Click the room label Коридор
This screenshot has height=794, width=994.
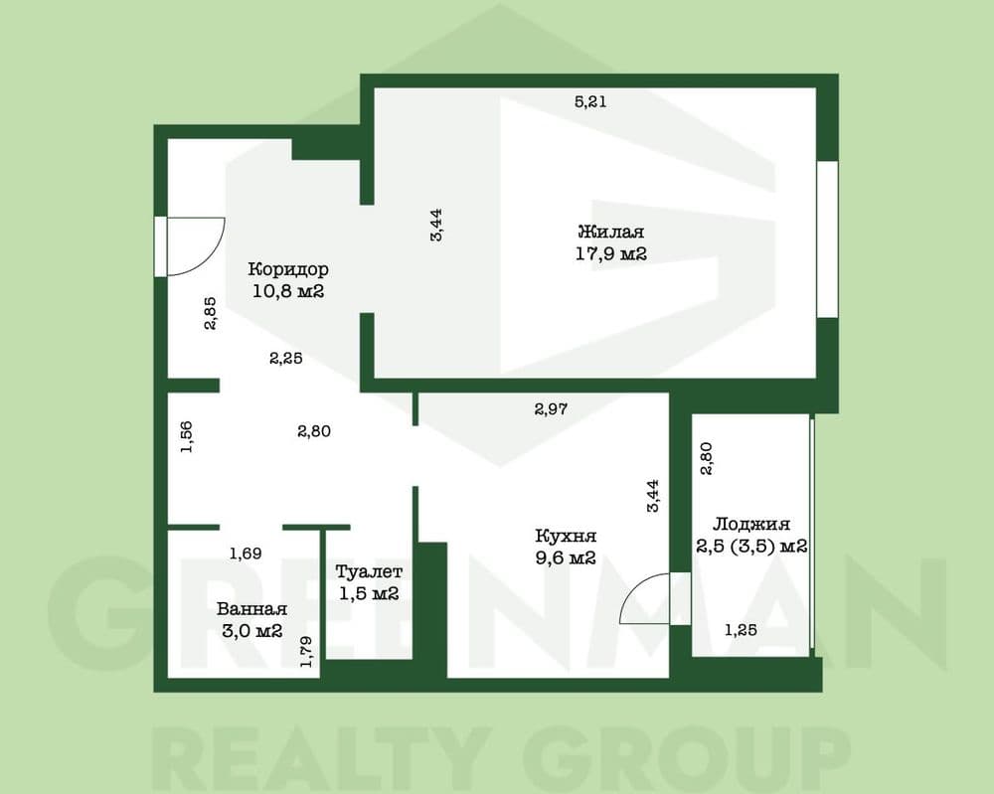[x=288, y=269]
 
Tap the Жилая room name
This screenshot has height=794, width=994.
[x=610, y=232]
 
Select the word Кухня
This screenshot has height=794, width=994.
[x=566, y=536]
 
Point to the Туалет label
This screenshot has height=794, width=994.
[x=369, y=571]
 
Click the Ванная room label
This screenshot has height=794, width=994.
[x=251, y=609]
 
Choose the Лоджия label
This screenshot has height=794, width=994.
[x=751, y=524]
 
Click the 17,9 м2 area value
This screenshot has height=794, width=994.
[x=611, y=254]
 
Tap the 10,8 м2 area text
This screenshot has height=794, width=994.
[x=288, y=291]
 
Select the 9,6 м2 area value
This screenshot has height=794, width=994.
[x=566, y=558]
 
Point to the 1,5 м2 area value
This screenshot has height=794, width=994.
[x=369, y=593]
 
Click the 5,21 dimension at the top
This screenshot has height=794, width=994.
[x=590, y=101]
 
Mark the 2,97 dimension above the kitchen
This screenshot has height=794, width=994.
[x=551, y=409]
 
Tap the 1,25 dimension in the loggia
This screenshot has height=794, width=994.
[x=741, y=630]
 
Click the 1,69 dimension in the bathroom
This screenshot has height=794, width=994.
[x=246, y=554]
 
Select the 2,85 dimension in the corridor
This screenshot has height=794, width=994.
[x=210, y=313]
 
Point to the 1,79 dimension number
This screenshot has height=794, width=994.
[x=307, y=652]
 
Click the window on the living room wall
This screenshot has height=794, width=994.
[x=827, y=238]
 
